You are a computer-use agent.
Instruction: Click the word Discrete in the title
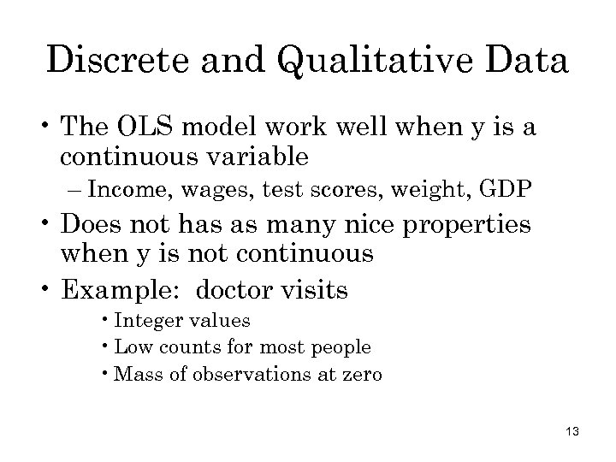(x=120, y=61)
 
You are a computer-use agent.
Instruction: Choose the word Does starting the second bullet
(x=95, y=225)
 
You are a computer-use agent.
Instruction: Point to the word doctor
(x=233, y=290)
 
